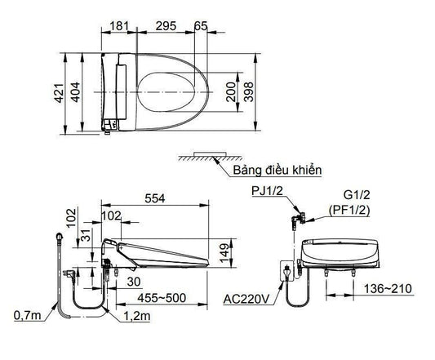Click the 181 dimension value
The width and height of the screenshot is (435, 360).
pos(120,26)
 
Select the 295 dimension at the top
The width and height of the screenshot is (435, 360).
pos(166,26)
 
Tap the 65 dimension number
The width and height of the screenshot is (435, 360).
pos(201,26)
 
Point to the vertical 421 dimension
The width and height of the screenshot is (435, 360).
pos(59,93)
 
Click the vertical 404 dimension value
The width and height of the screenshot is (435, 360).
pos(75,92)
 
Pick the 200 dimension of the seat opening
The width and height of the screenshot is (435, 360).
pos(231,92)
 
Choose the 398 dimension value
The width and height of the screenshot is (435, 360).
pos(248,92)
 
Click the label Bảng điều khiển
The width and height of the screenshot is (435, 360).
pos(277,170)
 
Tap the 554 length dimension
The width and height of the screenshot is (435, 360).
pos(155,198)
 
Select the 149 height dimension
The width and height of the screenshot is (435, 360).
pos(224,253)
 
